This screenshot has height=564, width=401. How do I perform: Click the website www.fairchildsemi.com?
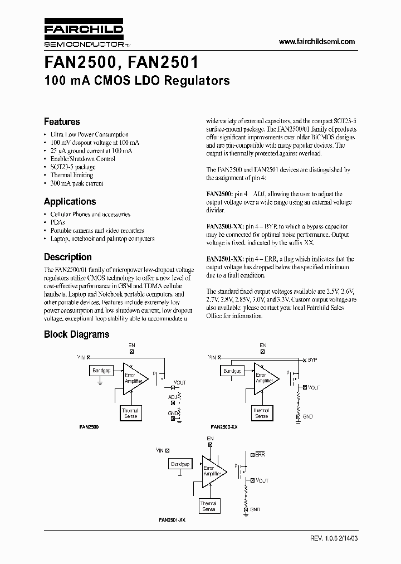coord(316,42)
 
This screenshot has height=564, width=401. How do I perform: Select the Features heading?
coord(62,121)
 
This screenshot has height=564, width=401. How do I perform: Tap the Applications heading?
coord(70,202)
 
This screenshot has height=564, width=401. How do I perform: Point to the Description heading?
coord(68,257)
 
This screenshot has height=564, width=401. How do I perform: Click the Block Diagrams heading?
coord(76,334)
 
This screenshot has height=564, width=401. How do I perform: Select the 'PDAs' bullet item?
coord(58,222)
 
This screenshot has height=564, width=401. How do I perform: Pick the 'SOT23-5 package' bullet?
coord(73,167)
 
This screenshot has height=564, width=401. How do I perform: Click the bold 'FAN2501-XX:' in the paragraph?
coord(224,259)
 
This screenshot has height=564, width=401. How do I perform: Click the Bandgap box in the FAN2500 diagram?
coord(100,371)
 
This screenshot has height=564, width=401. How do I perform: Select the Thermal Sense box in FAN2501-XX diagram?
coord(209,506)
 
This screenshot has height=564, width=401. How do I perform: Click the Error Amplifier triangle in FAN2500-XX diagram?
coord(265,378)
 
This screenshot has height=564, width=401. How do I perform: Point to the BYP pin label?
coord(312,360)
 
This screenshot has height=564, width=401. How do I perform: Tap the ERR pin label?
coord(260,455)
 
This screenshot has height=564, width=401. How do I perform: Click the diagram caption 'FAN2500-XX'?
coord(224,426)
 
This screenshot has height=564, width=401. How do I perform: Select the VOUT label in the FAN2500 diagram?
coord(180,383)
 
